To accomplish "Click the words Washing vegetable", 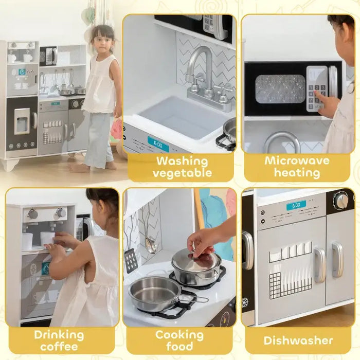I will [x=182, y=167].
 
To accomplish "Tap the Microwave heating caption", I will [x=297, y=167].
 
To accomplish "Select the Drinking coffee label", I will [x=59, y=340].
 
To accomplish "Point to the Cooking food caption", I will [x=179, y=340].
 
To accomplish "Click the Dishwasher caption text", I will [x=298, y=340].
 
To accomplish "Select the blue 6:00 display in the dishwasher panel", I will [x=296, y=205].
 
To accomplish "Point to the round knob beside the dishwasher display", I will [x=340, y=201].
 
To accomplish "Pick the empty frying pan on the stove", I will [x=154, y=294].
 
